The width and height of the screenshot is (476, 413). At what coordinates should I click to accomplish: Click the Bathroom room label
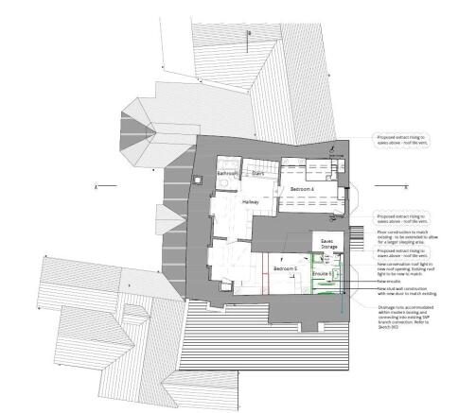point(227,175)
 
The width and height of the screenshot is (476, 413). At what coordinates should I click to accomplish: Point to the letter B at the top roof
point(249,33)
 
